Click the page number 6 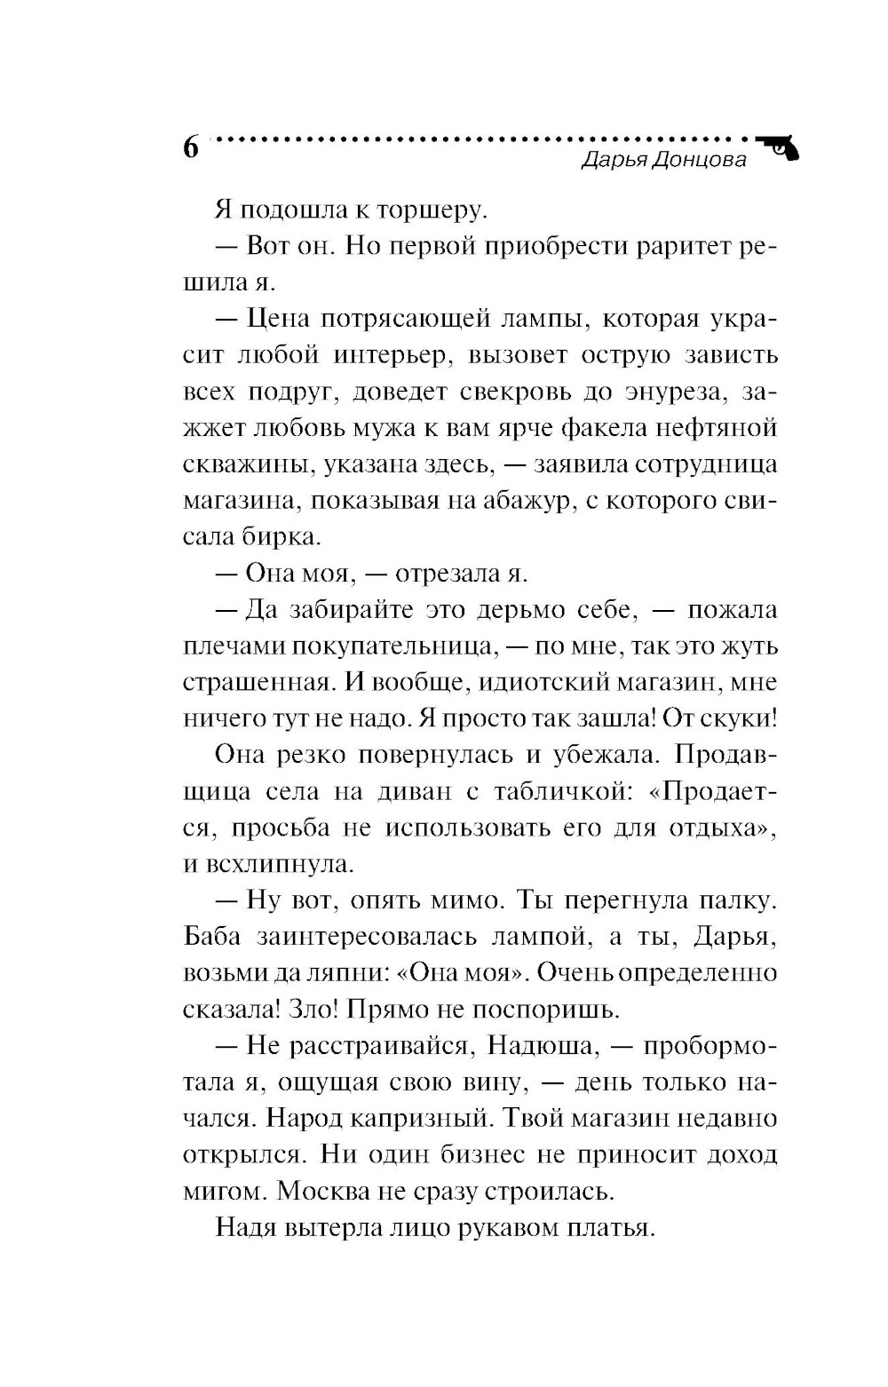(x=191, y=147)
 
